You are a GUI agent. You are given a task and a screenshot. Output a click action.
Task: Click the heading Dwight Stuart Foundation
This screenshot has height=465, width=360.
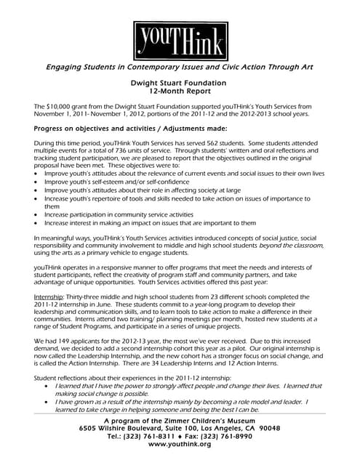tap(179, 84)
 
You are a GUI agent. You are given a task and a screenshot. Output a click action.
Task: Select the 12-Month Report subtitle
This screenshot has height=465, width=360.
tap(179, 92)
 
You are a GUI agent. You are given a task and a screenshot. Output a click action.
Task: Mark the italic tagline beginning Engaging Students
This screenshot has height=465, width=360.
tap(179, 67)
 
